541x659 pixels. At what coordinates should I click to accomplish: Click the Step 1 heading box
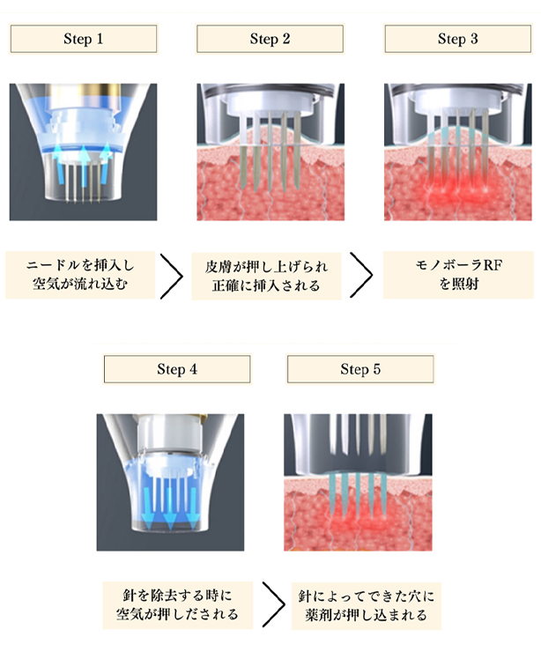(x=84, y=39)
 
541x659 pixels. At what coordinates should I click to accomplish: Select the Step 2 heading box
(x=270, y=39)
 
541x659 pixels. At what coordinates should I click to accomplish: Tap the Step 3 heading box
(x=458, y=39)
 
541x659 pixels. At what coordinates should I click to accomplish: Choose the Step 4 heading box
(x=177, y=369)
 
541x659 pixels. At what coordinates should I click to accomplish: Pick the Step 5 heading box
(x=360, y=369)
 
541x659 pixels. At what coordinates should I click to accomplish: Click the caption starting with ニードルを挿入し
(x=80, y=275)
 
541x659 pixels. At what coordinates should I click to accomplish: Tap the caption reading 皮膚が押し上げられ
(x=266, y=276)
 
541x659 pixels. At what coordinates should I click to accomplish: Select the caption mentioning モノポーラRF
(x=458, y=275)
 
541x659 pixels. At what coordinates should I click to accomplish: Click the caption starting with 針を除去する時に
(x=177, y=605)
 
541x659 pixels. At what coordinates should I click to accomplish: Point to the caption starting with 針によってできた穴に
(x=367, y=605)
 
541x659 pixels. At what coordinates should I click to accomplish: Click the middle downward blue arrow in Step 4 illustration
(x=169, y=509)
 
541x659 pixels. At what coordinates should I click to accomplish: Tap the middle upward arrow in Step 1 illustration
(x=84, y=166)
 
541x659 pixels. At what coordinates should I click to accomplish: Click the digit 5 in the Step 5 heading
(x=376, y=369)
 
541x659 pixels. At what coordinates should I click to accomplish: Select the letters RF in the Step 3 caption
(x=493, y=265)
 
